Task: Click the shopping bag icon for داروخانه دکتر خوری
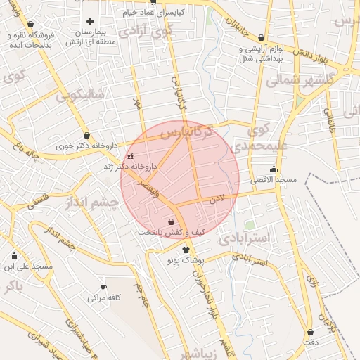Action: click(x=86, y=135)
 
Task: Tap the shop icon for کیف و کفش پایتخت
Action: click(x=171, y=221)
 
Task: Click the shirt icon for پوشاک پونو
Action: click(x=186, y=249)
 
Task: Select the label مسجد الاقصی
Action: click(x=275, y=180)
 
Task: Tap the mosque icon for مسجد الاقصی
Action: click(x=274, y=169)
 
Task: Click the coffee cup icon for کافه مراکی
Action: click(x=104, y=287)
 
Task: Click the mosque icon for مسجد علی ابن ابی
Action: click(x=14, y=255)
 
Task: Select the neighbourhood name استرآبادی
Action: click(x=244, y=238)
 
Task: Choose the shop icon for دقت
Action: click(x=310, y=332)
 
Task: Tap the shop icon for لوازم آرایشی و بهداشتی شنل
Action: click(x=262, y=38)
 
